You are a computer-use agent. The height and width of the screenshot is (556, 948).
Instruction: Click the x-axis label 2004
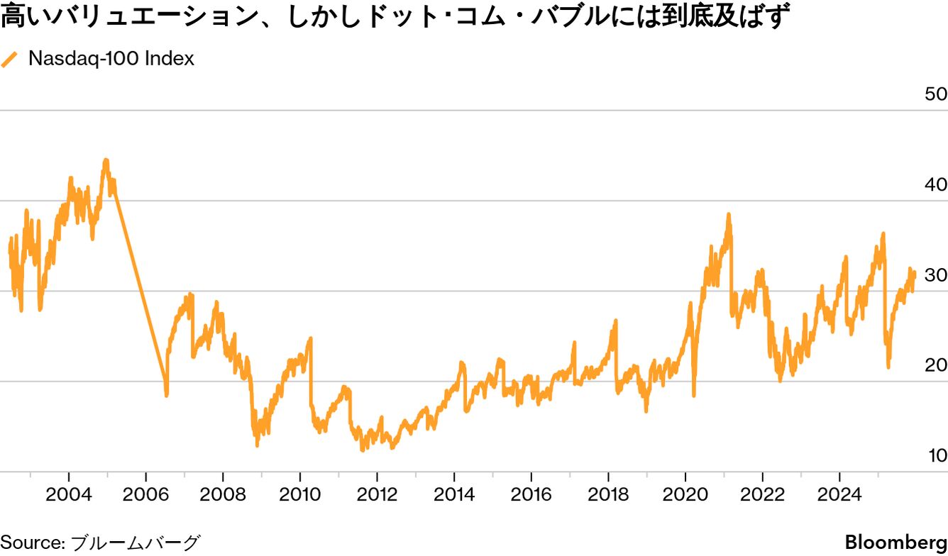pyautogui.click(x=68, y=494)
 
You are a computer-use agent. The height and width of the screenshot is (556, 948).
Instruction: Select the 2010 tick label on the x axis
pyautogui.click(x=299, y=494)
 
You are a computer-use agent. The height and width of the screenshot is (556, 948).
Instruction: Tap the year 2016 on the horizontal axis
pyautogui.click(x=531, y=494)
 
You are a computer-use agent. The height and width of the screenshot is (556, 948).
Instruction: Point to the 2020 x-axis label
pyautogui.click(x=685, y=494)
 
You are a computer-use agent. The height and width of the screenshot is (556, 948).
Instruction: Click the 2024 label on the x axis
pyautogui.click(x=839, y=494)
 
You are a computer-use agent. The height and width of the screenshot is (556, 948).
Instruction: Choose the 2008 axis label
pyautogui.click(x=222, y=494)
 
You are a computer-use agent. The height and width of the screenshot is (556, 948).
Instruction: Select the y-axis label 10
pyautogui.click(x=937, y=455)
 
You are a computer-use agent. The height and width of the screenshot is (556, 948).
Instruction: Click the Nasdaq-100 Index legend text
pyautogui.click(x=111, y=59)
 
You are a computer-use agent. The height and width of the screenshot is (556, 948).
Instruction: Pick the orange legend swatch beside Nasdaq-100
pyautogui.click(x=10, y=60)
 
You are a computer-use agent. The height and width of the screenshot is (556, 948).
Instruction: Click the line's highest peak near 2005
pyautogui.click(x=106, y=161)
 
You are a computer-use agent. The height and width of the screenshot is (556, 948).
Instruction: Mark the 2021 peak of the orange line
pyautogui.click(x=728, y=215)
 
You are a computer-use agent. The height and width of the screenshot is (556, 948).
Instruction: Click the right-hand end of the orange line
pyautogui.click(x=915, y=274)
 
